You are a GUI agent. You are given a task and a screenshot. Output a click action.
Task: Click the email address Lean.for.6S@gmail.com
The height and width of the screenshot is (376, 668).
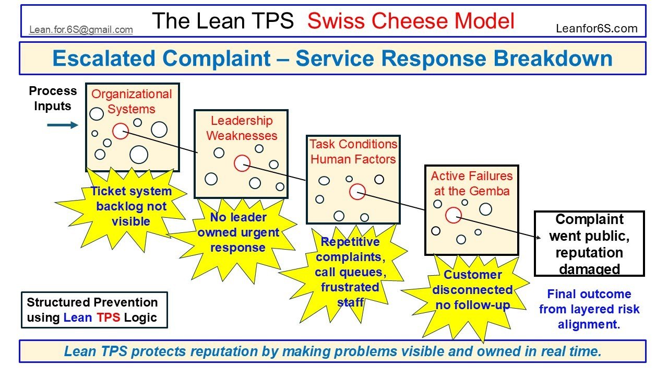pyautogui.click(x=81, y=30)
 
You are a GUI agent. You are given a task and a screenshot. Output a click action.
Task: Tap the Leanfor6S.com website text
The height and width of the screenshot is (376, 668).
pyautogui.click(x=597, y=29)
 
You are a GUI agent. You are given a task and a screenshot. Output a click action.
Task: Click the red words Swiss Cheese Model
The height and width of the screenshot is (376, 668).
pyautogui.click(x=411, y=21)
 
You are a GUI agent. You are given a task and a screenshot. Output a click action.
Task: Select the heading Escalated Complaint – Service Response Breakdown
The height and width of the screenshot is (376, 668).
pyautogui.click(x=332, y=58)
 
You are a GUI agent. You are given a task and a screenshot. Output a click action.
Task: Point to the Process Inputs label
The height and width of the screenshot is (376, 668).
pyautogui.click(x=52, y=98)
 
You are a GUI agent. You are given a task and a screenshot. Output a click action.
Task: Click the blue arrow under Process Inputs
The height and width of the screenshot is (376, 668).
pyautogui.click(x=62, y=125)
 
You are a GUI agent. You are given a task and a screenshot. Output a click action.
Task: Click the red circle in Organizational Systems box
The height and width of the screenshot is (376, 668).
pyautogui.click(x=121, y=131)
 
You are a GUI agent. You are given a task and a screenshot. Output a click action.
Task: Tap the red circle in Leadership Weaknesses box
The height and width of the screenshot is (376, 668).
pyautogui.click(x=242, y=163)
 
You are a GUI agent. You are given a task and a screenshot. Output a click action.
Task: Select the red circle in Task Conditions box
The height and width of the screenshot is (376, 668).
pyautogui.click(x=357, y=192)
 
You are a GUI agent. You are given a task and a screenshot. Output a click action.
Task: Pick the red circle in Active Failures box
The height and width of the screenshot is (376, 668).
pyautogui.click(x=454, y=215)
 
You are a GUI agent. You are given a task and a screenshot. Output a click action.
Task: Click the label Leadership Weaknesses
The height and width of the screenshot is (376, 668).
pyautogui.click(x=242, y=128)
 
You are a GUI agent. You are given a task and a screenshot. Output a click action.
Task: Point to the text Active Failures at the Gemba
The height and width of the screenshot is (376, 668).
pyautogui.click(x=472, y=183)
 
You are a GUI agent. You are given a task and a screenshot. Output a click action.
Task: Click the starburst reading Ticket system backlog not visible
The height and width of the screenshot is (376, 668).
pyautogui.click(x=131, y=206)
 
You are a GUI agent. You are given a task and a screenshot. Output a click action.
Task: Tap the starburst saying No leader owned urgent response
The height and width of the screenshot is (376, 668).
pyautogui.click(x=238, y=232)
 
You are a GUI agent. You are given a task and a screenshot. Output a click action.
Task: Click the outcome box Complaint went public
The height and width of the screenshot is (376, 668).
pyautogui.click(x=589, y=244)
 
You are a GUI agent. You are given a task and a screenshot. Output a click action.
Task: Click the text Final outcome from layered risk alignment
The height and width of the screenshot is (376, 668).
pyautogui.click(x=589, y=309)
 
